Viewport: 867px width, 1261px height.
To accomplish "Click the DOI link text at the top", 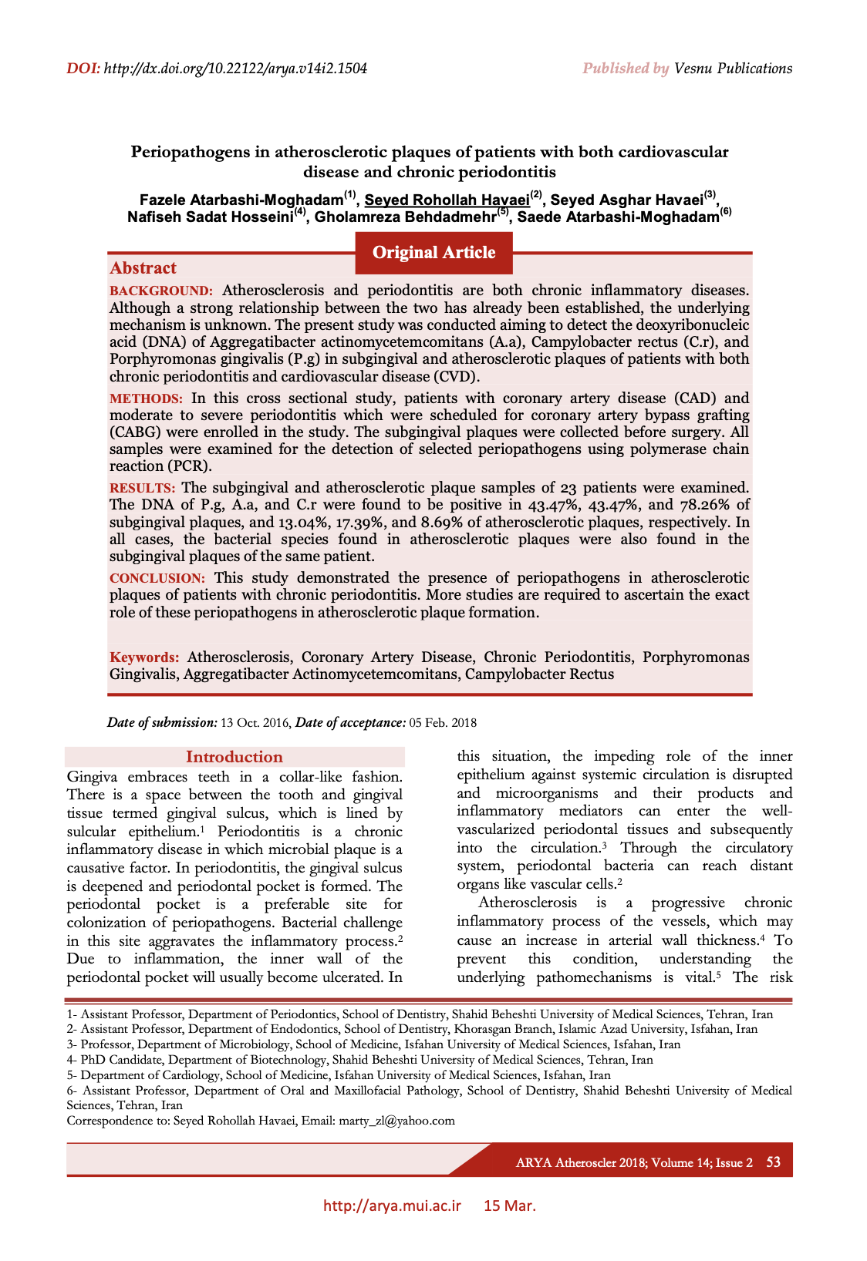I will click(234, 69).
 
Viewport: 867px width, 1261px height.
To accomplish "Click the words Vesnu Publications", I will click(733, 69).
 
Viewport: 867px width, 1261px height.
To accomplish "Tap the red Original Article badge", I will click(433, 253).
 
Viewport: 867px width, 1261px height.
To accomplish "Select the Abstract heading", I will click(143, 268).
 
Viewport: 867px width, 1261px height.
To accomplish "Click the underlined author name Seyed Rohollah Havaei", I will click(447, 200).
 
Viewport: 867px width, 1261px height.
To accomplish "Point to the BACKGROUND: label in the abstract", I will click(160, 291).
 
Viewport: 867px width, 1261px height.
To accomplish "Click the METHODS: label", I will click(146, 399).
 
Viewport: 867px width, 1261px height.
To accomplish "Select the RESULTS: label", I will click(142, 489).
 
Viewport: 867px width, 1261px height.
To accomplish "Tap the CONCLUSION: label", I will click(157, 579).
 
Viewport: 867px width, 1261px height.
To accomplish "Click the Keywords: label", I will click(144, 658).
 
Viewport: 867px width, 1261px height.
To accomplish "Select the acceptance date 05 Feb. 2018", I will click(443, 723).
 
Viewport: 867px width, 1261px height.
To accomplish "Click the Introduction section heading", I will click(234, 757).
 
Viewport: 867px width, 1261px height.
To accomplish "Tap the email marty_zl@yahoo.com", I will click(396, 1121).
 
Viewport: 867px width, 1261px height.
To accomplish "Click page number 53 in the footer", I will click(773, 1162).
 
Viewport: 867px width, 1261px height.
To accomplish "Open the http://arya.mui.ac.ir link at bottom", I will click(392, 1206).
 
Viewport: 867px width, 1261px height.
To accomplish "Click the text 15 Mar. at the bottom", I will click(509, 1206).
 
